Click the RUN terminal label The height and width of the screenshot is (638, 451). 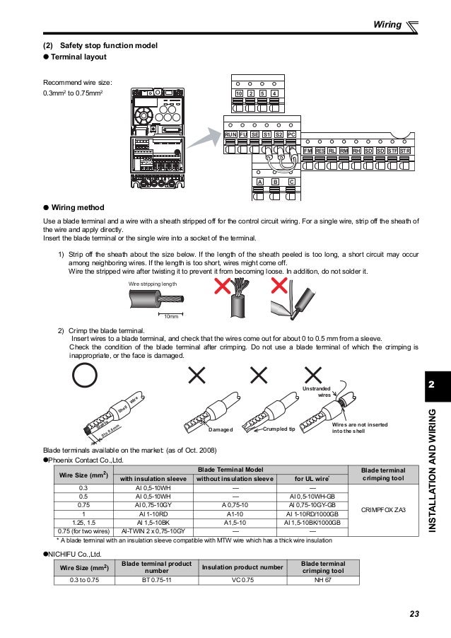[x=230, y=134]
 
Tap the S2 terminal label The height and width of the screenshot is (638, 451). [x=279, y=134]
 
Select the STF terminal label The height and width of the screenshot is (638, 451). [x=392, y=151]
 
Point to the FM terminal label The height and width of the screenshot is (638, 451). [x=307, y=151]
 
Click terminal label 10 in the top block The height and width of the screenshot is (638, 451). [x=239, y=93]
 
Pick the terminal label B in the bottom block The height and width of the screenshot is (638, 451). [x=275, y=182]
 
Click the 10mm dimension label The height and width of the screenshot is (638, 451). [x=170, y=316]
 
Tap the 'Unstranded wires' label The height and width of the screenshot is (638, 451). [x=316, y=393]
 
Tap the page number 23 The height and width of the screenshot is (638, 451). [x=414, y=613]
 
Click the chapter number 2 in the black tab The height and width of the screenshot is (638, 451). [x=432, y=384]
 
